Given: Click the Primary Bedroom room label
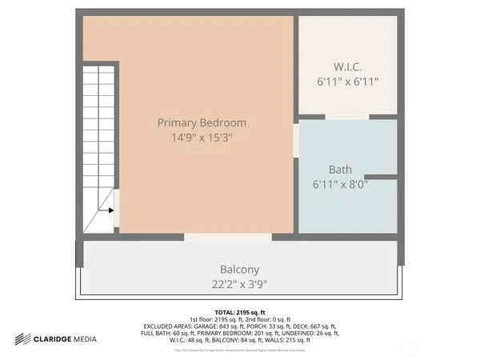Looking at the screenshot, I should [x=202, y=122].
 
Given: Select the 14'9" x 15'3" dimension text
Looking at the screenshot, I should [x=202, y=137].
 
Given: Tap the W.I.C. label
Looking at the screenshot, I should [x=348, y=66].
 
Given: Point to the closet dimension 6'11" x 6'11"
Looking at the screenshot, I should [x=348, y=81].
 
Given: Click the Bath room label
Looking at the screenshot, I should [x=340, y=170].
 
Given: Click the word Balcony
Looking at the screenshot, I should [x=239, y=270].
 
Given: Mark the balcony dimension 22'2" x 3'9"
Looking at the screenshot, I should [x=239, y=283].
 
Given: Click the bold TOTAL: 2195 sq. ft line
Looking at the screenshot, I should [x=239, y=312].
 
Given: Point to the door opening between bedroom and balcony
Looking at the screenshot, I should [x=228, y=237].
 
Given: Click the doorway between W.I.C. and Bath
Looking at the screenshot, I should [x=347, y=118].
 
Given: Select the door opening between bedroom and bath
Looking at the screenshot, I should [x=295, y=140].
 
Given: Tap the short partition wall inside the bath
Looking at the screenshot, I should [x=381, y=177].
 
